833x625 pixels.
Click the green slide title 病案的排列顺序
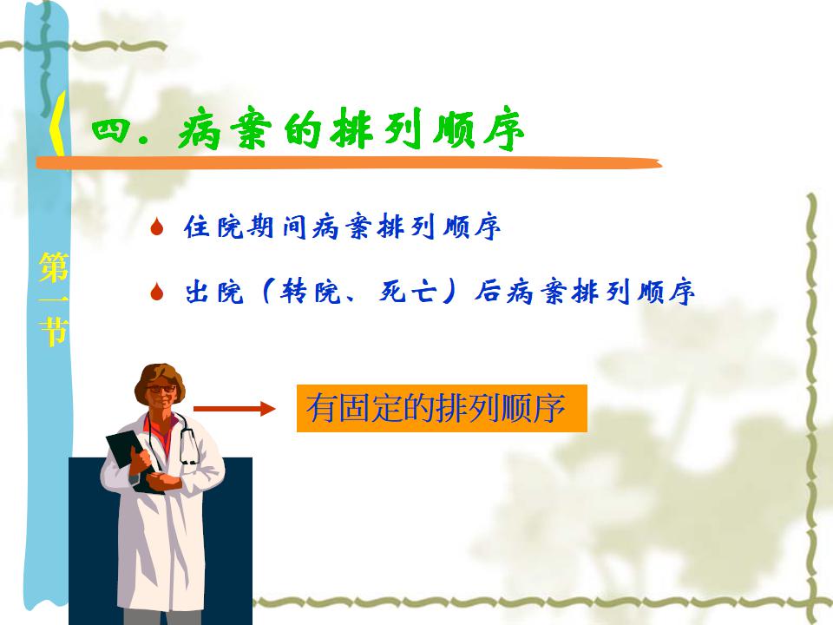click(351, 130)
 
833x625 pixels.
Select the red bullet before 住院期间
click(156, 227)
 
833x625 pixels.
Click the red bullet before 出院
click(156, 292)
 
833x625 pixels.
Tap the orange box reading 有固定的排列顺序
click(442, 408)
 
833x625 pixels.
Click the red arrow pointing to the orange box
click(234, 409)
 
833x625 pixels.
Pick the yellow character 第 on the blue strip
click(54, 267)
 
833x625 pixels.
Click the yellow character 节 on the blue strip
click(54, 332)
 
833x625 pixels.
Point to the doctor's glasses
click(161, 389)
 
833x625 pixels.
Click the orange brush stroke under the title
click(349, 163)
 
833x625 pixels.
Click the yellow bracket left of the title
click(57, 124)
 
